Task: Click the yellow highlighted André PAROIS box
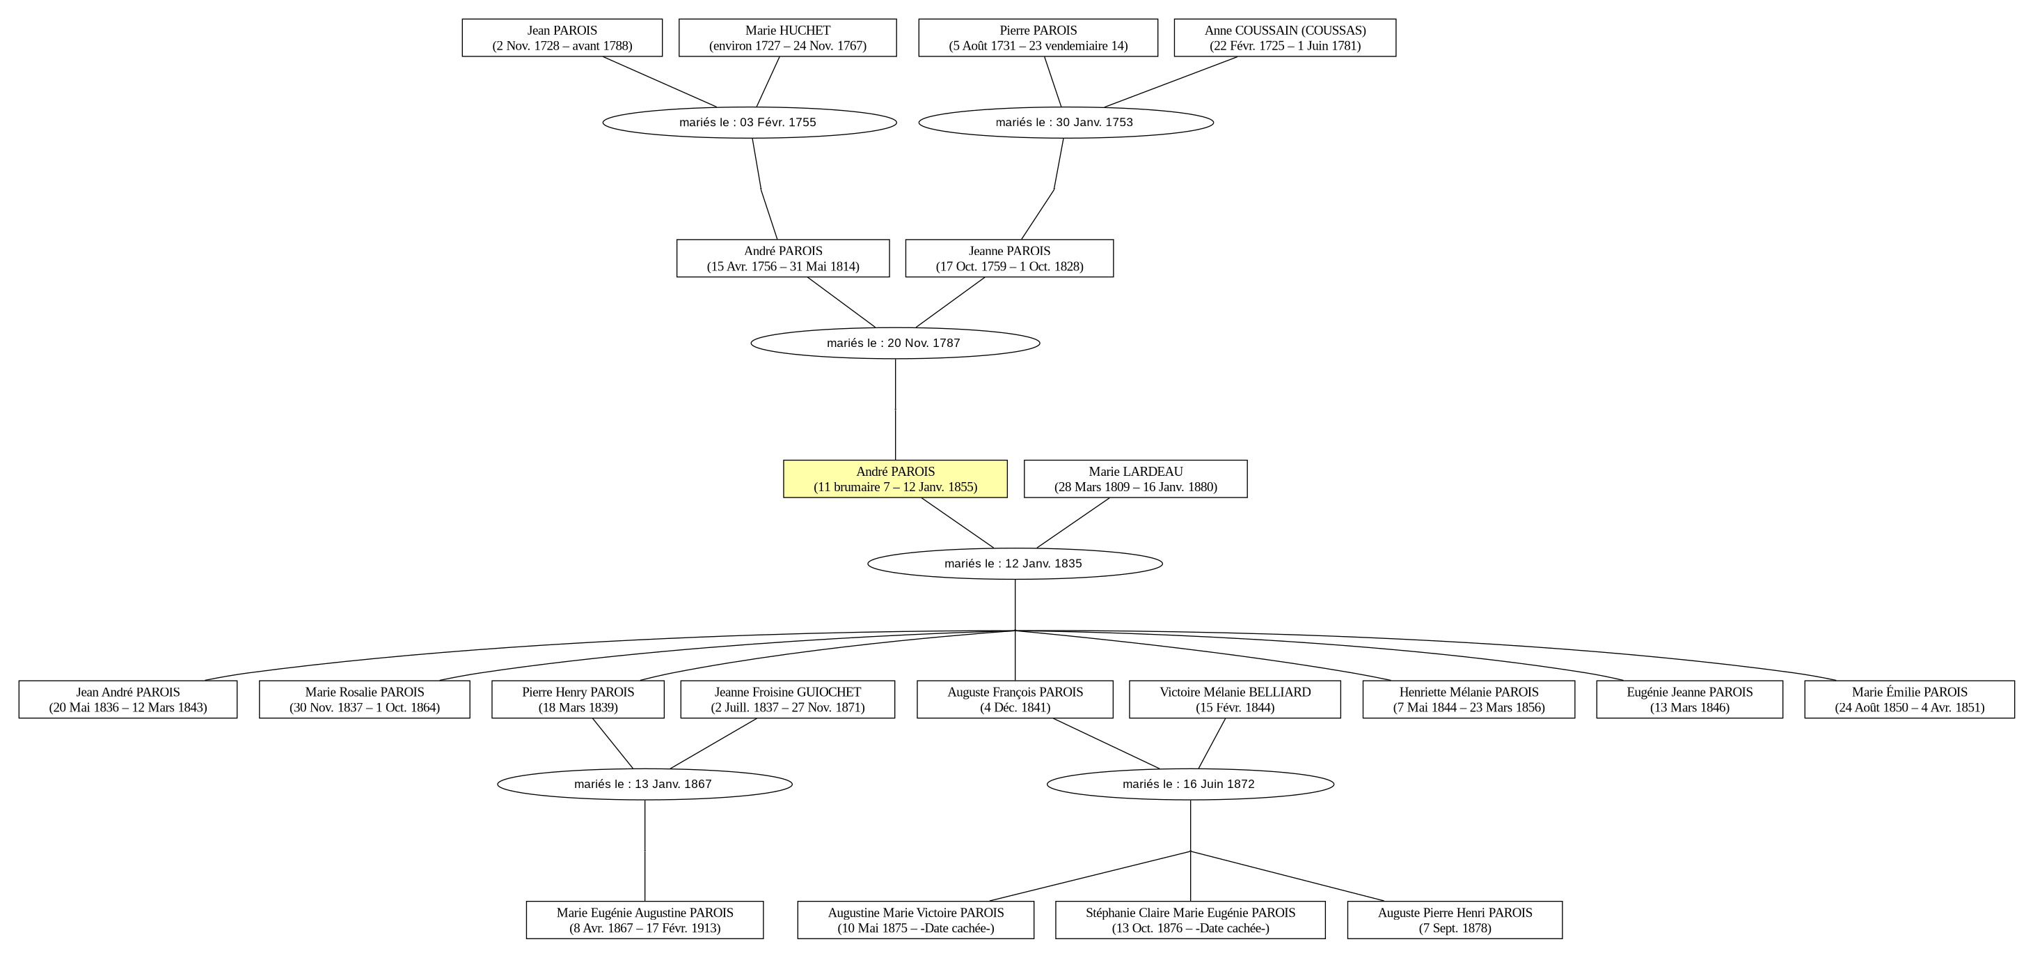pyautogui.click(x=895, y=479)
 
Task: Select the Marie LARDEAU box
pyautogui.click(x=1136, y=479)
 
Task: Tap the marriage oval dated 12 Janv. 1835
pyautogui.click(x=1015, y=564)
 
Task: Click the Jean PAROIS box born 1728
pyautogui.click(x=562, y=38)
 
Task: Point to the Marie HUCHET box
pyautogui.click(x=788, y=38)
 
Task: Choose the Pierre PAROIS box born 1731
pyautogui.click(x=1038, y=38)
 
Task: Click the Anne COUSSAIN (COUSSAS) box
pyautogui.click(x=1285, y=38)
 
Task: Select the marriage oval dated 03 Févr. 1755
pyautogui.click(x=750, y=123)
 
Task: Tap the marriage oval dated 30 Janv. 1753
pyautogui.click(x=1066, y=123)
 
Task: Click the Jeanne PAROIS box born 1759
pyautogui.click(x=1009, y=258)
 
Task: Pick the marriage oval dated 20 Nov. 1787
pyautogui.click(x=896, y=343)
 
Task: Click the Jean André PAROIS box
pyautogui.click(x=128, y=700)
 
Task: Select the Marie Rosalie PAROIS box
pyautogui.click(x=365, y=700)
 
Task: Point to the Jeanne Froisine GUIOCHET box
pyautogui.click(x=788, y=700)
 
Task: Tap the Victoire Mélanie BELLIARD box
pyautogui.click(x=1235, y=700)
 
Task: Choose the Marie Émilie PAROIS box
pyautogui.click(x=1910, y=700)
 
